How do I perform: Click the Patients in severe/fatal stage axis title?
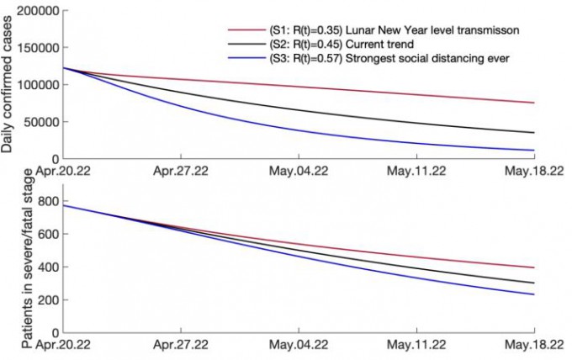coord(8,262)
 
